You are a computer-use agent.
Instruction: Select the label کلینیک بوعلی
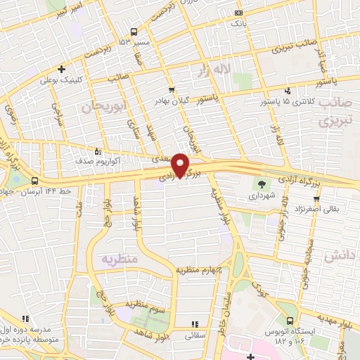91,80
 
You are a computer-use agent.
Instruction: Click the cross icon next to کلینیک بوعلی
63,69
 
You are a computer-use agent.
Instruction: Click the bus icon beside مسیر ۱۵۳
133,32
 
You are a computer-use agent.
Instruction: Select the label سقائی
194,336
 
